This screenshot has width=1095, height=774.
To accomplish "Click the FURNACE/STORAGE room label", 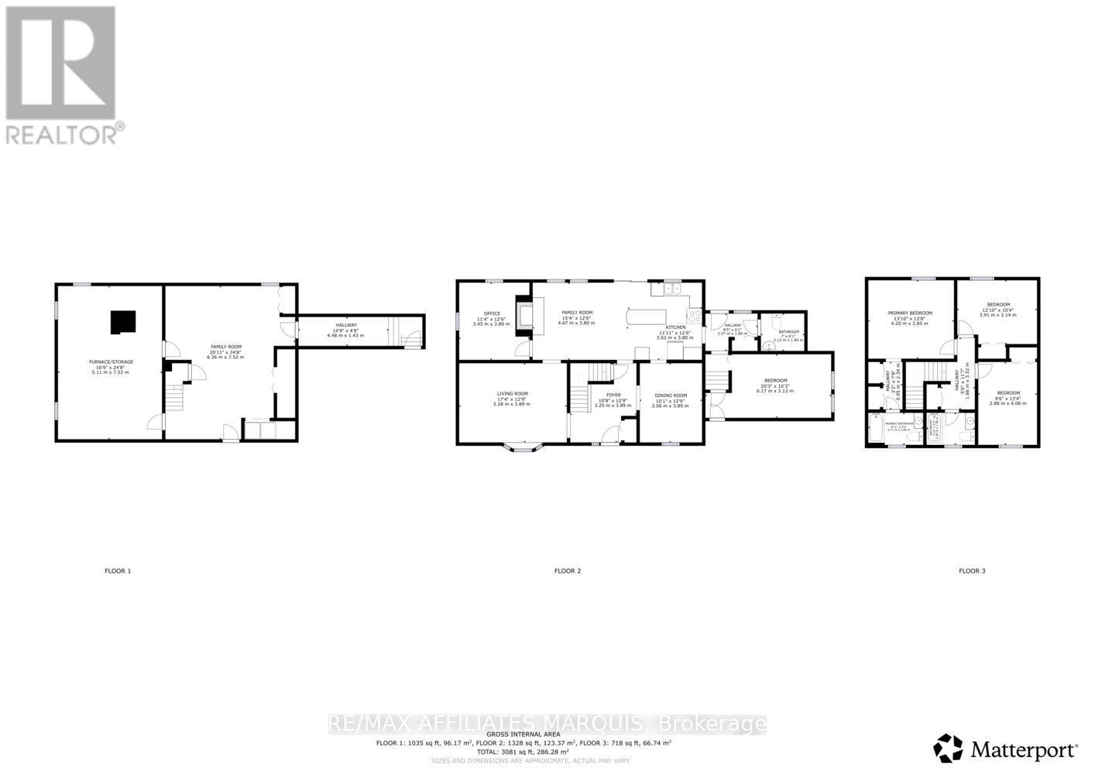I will coord(108,362).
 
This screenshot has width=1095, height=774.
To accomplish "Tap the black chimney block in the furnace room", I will coord(122,322).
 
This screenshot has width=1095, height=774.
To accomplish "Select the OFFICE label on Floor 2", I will coord(492,313).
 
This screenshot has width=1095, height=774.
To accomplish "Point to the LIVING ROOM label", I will coord(512,394).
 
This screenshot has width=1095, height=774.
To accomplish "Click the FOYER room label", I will coord(613,396).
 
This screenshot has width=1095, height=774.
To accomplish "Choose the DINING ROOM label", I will coord(670,396).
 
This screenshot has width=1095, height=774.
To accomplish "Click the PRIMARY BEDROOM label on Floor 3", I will coord(910,313).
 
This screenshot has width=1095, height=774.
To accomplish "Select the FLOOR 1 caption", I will coord(118,571).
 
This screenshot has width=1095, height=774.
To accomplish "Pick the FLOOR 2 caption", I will coord(567,571).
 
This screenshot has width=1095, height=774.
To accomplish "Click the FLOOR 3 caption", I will coord(972,571).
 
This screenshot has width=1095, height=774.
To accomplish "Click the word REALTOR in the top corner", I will coord(61,134).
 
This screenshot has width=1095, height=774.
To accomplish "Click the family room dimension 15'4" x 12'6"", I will coord(577,317).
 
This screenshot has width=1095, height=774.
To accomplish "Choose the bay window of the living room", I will coord(523,447).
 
